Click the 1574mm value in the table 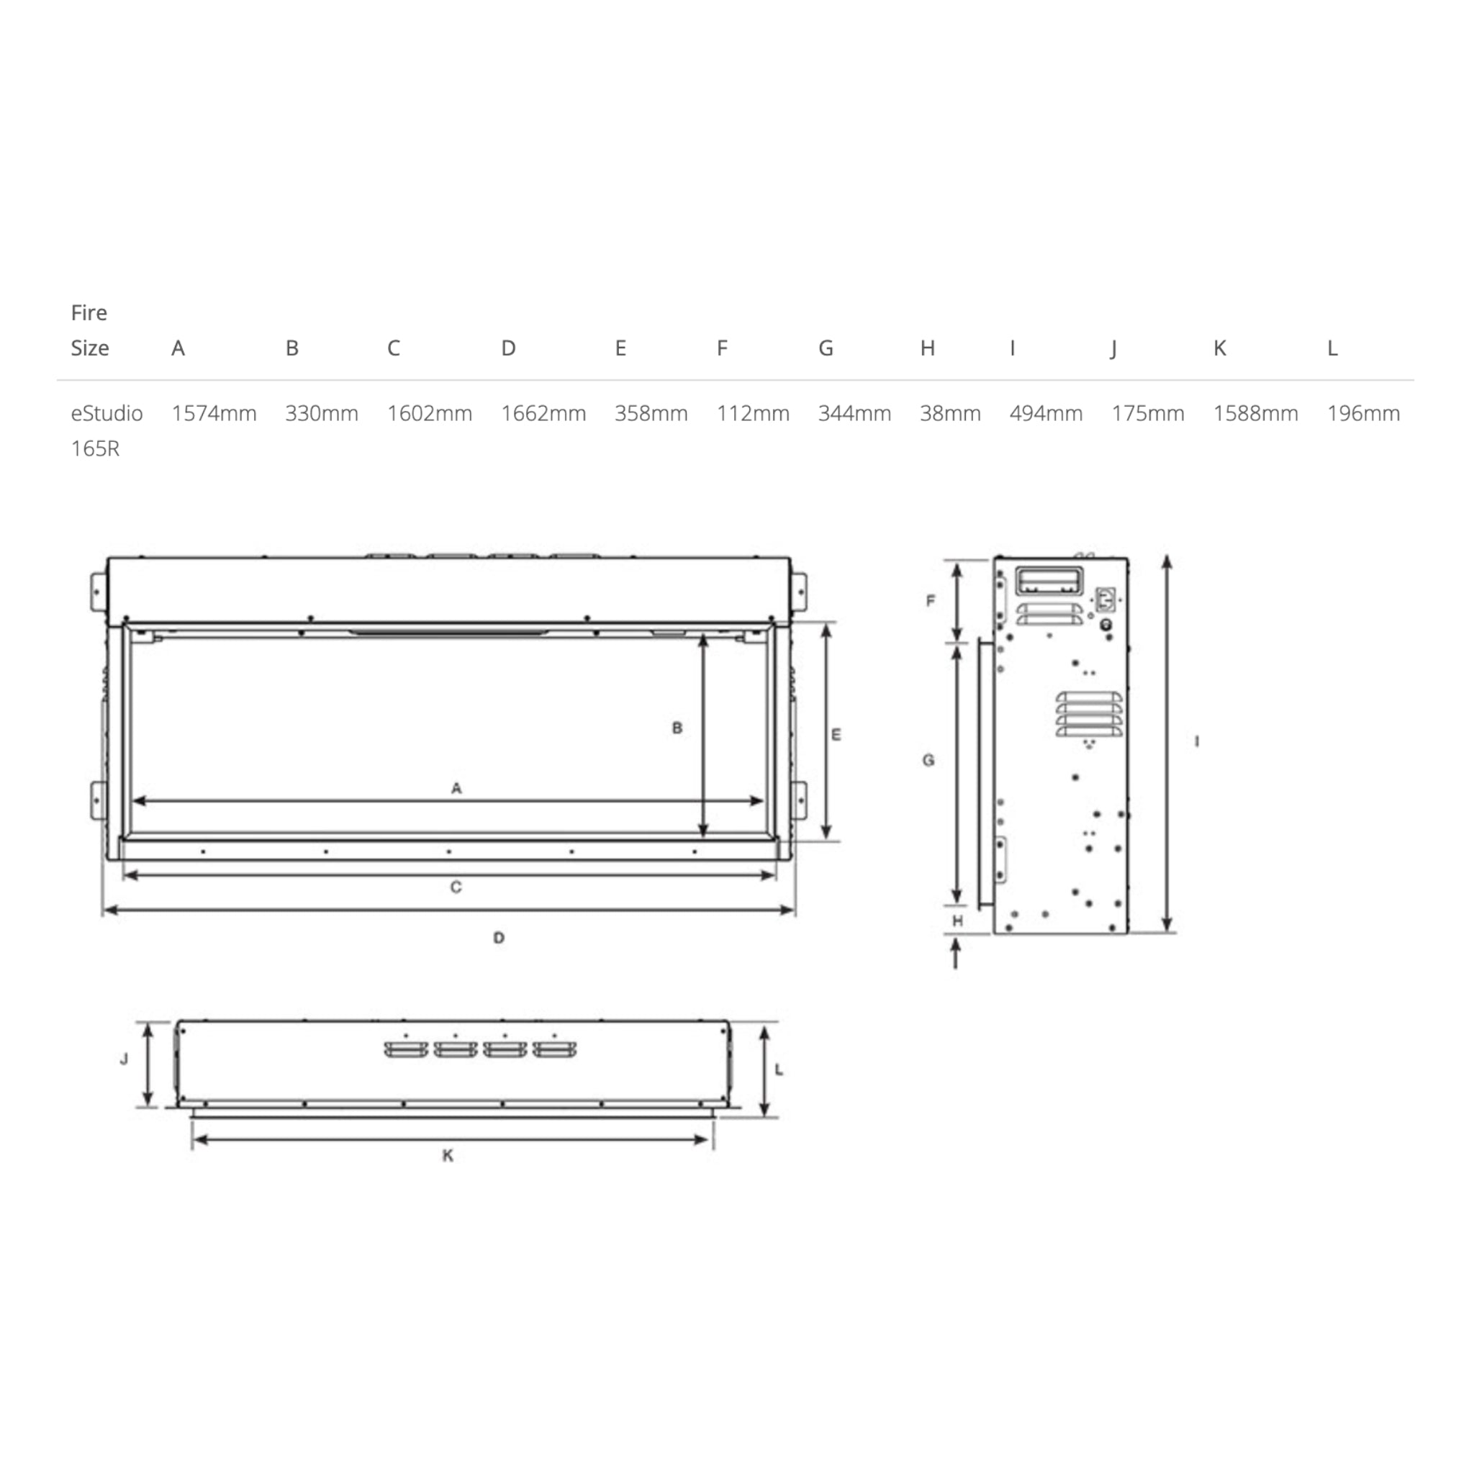(214, 414)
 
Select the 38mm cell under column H (950, 414)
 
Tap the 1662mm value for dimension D (543, 414)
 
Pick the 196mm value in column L (1363, 414)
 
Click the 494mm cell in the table (1046, 414)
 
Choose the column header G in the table (826, 348)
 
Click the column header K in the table (1219, 348)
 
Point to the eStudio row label (107, 414)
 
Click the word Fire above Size (89, 313)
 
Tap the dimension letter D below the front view (499, 938)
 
